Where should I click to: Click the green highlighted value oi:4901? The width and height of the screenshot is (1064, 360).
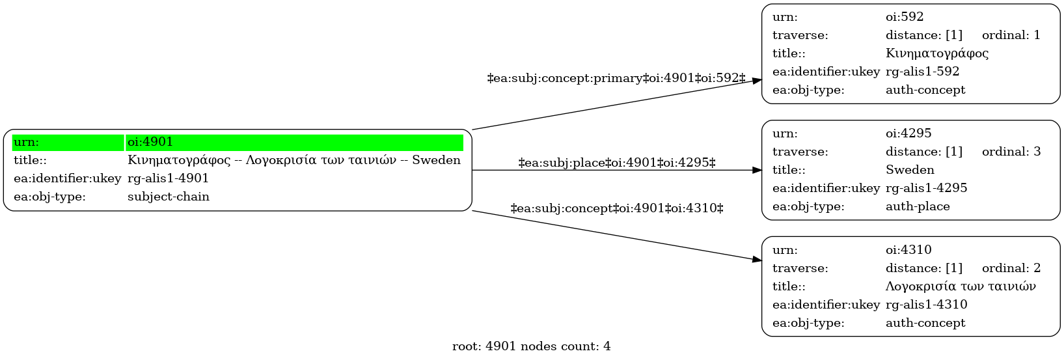point(150,142)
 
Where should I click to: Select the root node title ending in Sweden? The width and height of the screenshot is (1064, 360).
point(294,160)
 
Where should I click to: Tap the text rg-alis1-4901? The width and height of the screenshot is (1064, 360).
point(168,178)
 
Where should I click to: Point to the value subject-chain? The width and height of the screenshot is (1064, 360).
point(169,197)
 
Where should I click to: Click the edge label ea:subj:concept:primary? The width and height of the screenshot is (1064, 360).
point(616,78)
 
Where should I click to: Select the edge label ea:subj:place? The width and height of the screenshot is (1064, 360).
point(616,163)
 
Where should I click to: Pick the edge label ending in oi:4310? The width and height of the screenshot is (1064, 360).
point(616,208)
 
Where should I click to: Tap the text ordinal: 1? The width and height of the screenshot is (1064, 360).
point(1011,35)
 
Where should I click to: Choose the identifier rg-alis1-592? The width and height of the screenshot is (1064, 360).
point(922,71)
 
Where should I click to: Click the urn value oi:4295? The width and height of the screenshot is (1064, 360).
point(908,133)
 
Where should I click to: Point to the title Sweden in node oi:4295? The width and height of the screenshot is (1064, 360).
point(910,169)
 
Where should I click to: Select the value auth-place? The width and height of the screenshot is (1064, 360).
point(918,206)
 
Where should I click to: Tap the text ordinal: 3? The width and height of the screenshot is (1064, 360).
point(1011,152)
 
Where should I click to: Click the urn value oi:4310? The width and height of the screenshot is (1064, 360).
point(908,249)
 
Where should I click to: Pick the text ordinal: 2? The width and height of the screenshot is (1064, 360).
point(1011,268)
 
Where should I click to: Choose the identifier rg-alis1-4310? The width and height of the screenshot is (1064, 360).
point(926,304)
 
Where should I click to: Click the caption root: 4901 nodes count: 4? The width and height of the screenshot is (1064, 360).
point(531,346)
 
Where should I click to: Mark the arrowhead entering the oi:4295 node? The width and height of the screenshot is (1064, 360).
point(757,170)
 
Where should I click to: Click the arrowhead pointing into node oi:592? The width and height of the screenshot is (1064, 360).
point(757,81)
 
